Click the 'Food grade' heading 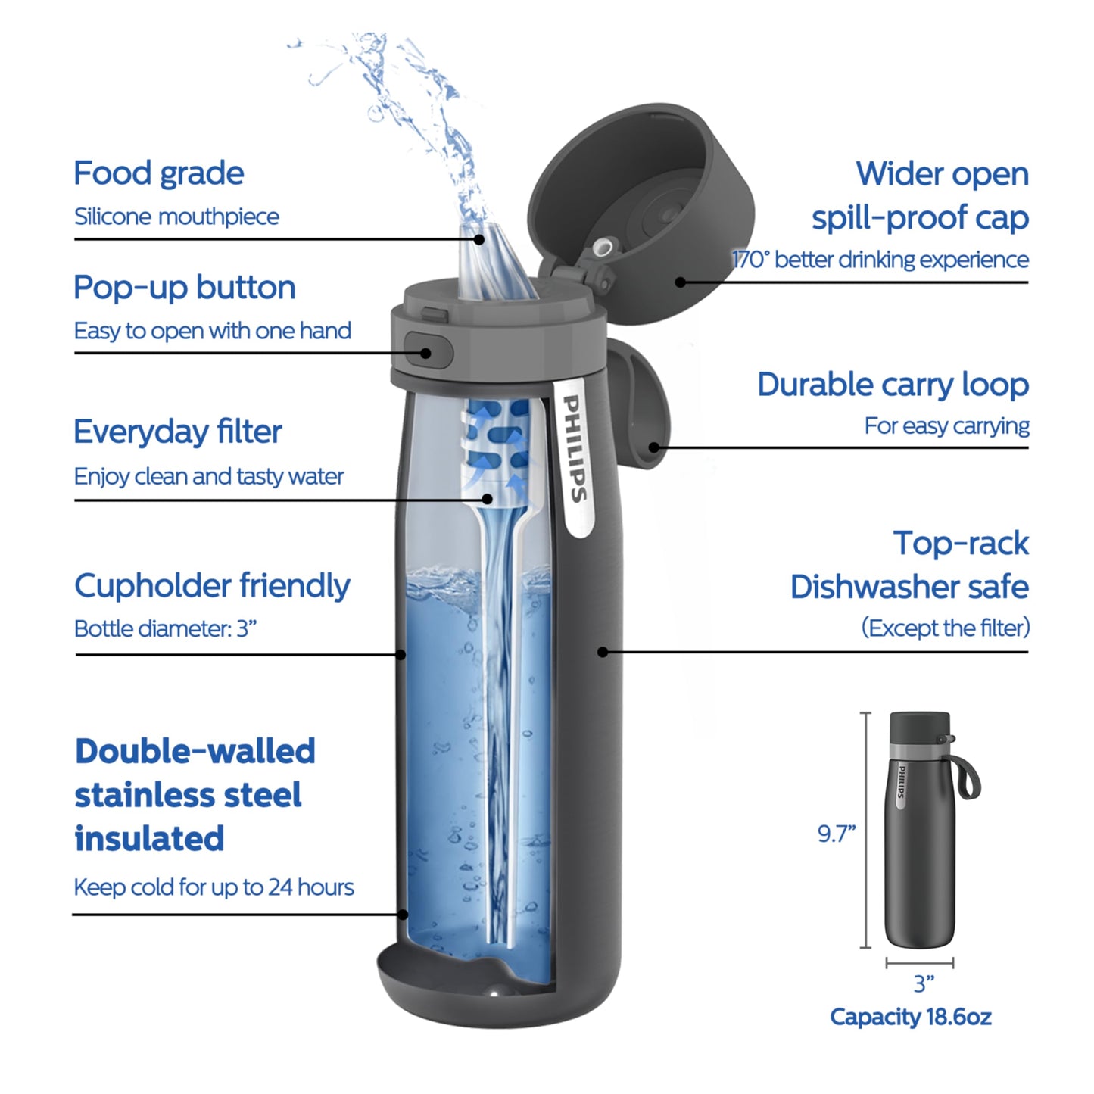point(158,173)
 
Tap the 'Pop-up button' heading point(184,288)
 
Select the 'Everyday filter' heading point(177,432)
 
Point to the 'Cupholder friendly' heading point(212,586)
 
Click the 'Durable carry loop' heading point(893,385)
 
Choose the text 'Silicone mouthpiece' point(176,217)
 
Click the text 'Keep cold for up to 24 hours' point(214,887)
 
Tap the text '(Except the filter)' point(945,628)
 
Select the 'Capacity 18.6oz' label point(910,1017)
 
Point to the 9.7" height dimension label point(836,834)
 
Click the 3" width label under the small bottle point(923,984)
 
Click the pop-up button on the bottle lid point(428,352)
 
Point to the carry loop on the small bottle point(968,776)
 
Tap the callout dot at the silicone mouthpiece point(479,239)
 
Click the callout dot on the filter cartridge point(488,499)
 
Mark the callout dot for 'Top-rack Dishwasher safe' point(603,651)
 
